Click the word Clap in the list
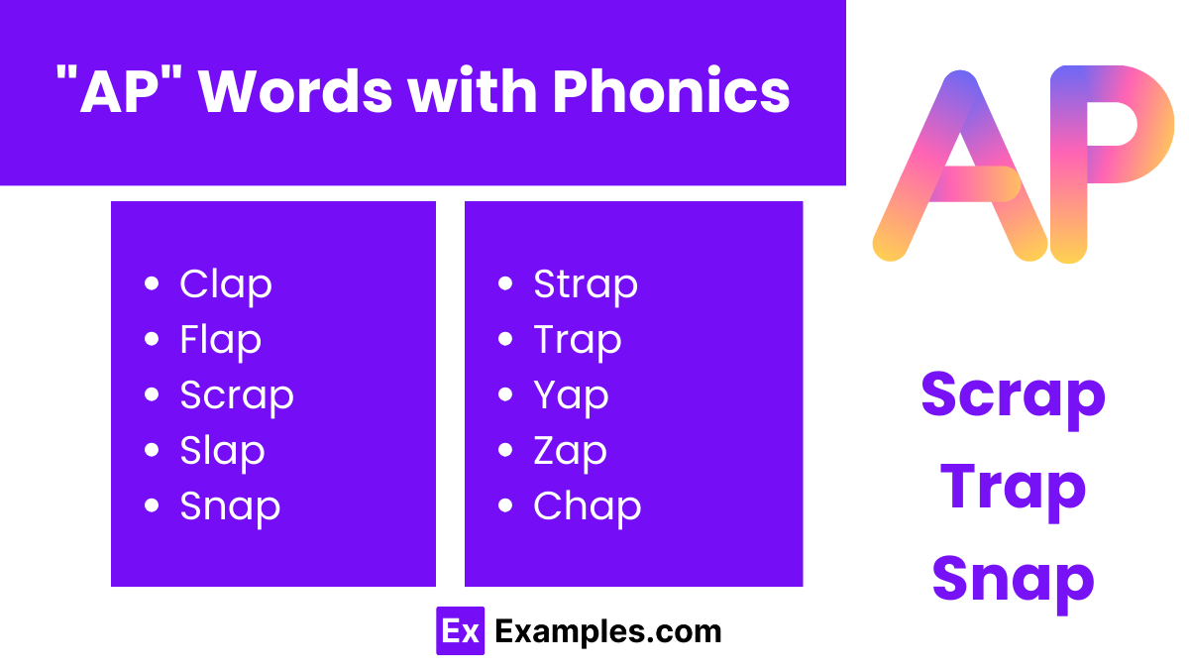click(x=225, y=284)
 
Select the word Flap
click(x=220, y=340)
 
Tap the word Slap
click(x=222, y=451)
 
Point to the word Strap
click(x=585, y=284)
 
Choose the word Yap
click(x=571, y=396)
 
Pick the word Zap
click(x=570, y=452)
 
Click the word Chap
click(x=587, y=506)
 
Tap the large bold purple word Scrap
click(x=1013, y=396)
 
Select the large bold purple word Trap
click(x=1013, y=489)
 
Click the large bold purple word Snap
click(x=1013, y=579)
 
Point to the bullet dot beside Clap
click(x=152, y=284)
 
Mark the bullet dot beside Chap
click(x=505, y=506)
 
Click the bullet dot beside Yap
click(x=505, y=395)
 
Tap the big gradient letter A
click(x=959, y=168)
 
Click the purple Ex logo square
click(x=460, y=631)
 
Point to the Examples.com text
click(x=607, y=631)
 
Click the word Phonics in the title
click(x=671, y=92)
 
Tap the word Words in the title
click(x=294, y=92)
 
